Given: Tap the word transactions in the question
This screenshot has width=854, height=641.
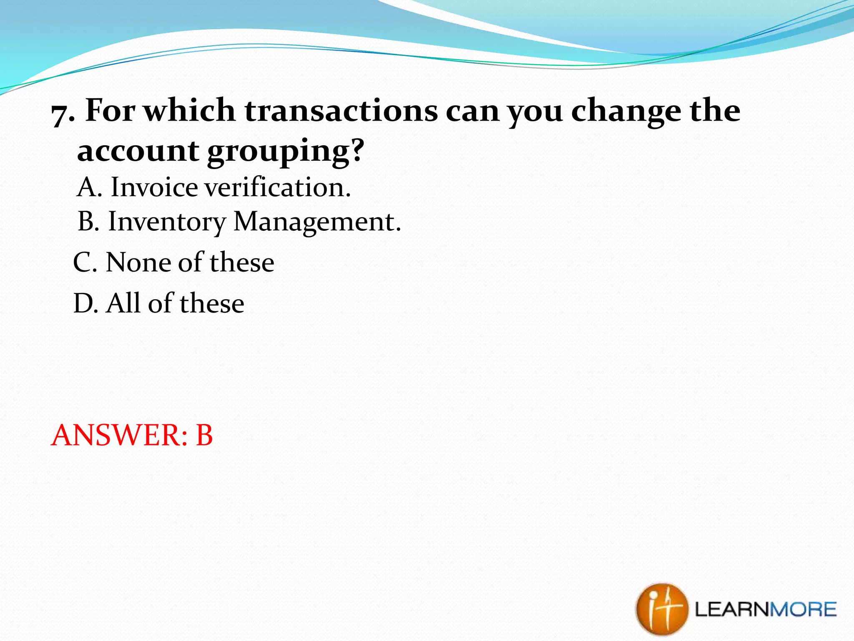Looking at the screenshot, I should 341,111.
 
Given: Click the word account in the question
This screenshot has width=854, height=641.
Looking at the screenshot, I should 138,151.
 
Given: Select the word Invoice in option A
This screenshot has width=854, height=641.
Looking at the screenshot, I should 154,187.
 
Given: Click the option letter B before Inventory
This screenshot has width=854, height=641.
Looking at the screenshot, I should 88,222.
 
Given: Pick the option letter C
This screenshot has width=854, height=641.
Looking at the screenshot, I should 84,263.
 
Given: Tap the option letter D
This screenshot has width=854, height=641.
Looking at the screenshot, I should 85,303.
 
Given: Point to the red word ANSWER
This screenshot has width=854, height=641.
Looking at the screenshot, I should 118,435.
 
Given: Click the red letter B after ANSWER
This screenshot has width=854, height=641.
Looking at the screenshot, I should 204,435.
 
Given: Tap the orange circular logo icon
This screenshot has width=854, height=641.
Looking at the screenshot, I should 661,608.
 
